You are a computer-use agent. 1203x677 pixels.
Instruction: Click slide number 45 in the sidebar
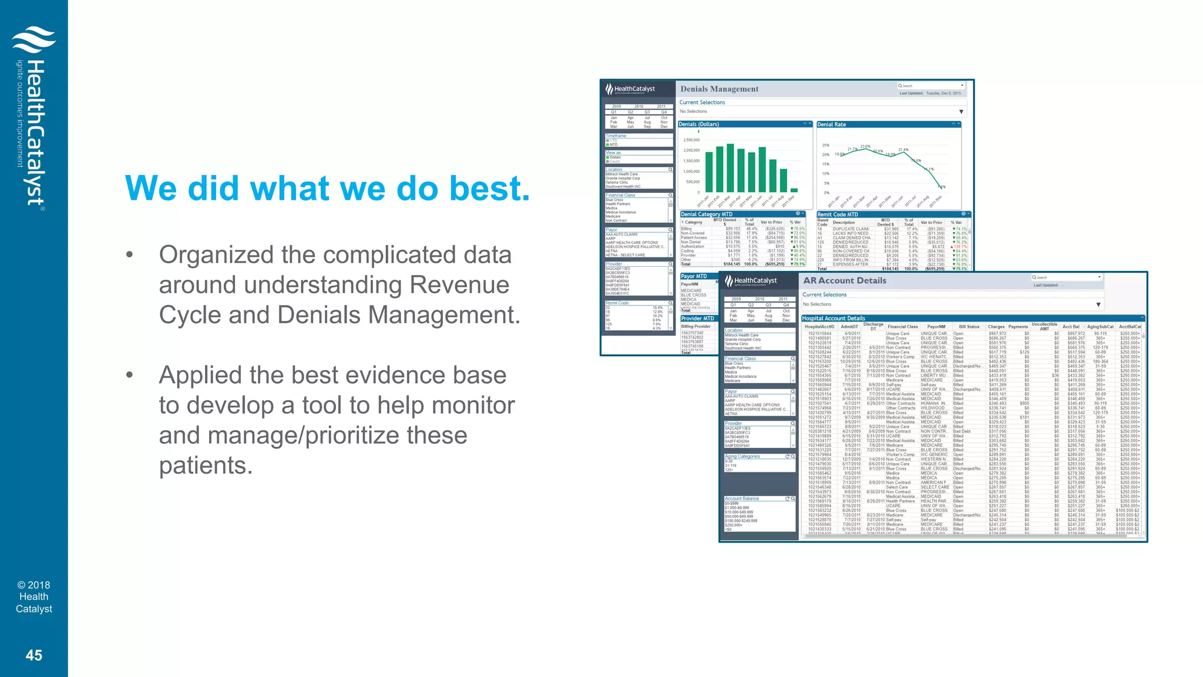tap(34, 655)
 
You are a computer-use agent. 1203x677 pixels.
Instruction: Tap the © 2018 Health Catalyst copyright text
tap(34, 596)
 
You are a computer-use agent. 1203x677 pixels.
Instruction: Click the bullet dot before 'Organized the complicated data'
tap(129, 256)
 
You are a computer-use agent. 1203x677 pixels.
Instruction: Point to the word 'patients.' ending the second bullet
tap(206, 465)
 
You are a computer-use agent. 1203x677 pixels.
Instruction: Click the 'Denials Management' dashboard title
tap(719, 89)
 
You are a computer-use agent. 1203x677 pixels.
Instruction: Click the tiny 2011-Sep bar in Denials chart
tap(794, 190)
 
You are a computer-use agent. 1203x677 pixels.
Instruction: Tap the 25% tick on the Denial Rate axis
tap(825, 145)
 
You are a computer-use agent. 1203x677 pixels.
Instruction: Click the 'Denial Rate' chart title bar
tap(832, 125)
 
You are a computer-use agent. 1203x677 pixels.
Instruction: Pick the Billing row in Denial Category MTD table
tap(687, 229)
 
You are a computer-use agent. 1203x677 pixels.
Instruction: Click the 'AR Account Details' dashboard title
tap(844, 281)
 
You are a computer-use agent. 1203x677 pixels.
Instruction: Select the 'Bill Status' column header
tap(969, 327)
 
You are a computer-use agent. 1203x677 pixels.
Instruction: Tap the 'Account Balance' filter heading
tap(742, 498)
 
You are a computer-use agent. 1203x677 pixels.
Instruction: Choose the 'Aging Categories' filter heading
tap(742, 456)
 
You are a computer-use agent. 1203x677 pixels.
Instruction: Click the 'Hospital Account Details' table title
tap(834, 319)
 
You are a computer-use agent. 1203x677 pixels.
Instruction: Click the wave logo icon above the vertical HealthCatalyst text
tap(34, 39)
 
